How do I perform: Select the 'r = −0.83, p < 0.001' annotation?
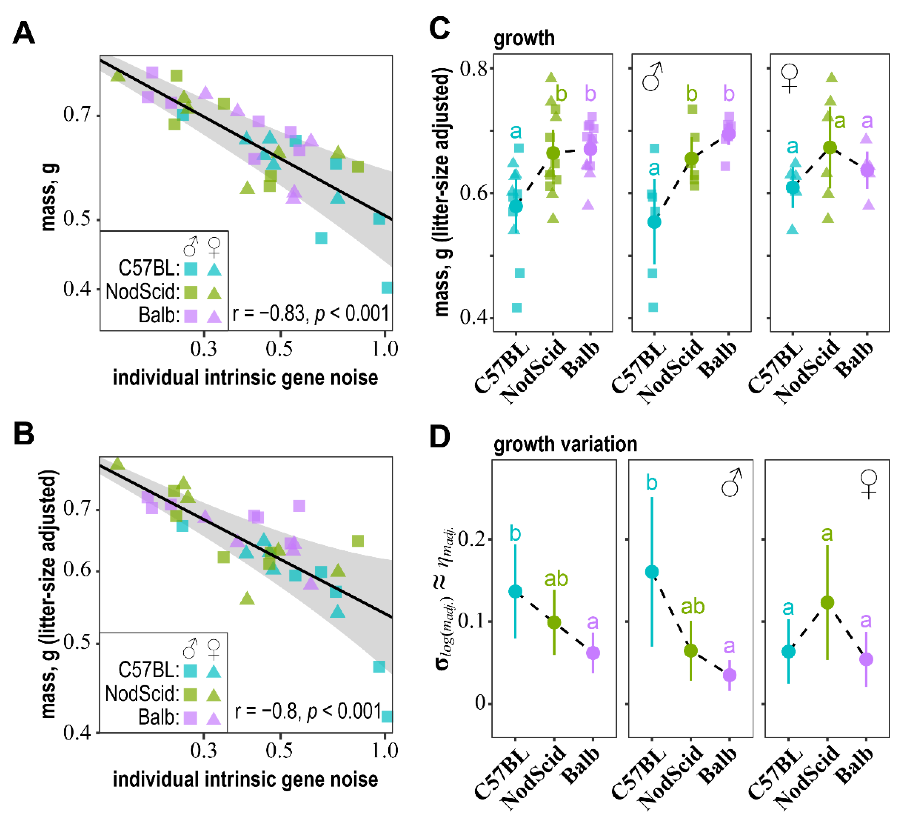coord(311,313)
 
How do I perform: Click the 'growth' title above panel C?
coord(524,38)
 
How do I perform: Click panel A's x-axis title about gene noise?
coord(245,378)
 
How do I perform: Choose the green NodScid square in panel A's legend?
coord(191,292)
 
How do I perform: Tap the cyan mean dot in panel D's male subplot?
coord(652,572)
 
